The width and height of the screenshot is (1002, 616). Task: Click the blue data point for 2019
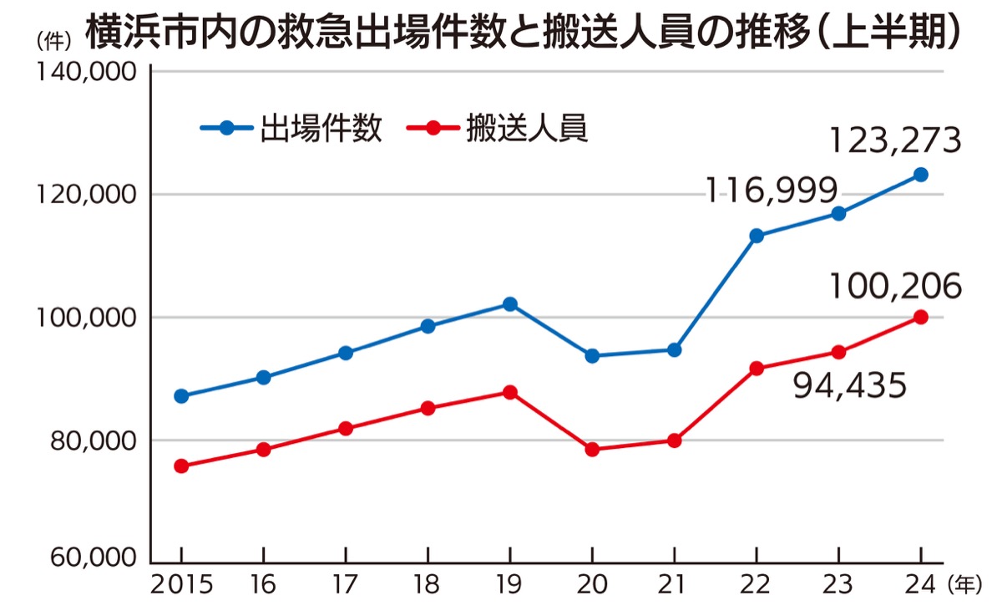(x=509, y=303)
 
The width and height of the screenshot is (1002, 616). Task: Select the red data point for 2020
(x=592, y=450)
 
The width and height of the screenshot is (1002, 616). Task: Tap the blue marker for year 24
(x=921, y=175)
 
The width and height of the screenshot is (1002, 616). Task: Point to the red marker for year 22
(x=757, y=369)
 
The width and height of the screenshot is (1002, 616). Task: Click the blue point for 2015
(x=180, y=396)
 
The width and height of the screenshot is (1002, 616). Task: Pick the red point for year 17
(x=345, y=429)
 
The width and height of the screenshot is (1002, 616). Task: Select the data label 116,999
(x=770, y=192)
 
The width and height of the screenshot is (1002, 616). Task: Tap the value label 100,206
(x=895, y=287)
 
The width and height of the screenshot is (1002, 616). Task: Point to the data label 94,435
(x=849, y=386)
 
